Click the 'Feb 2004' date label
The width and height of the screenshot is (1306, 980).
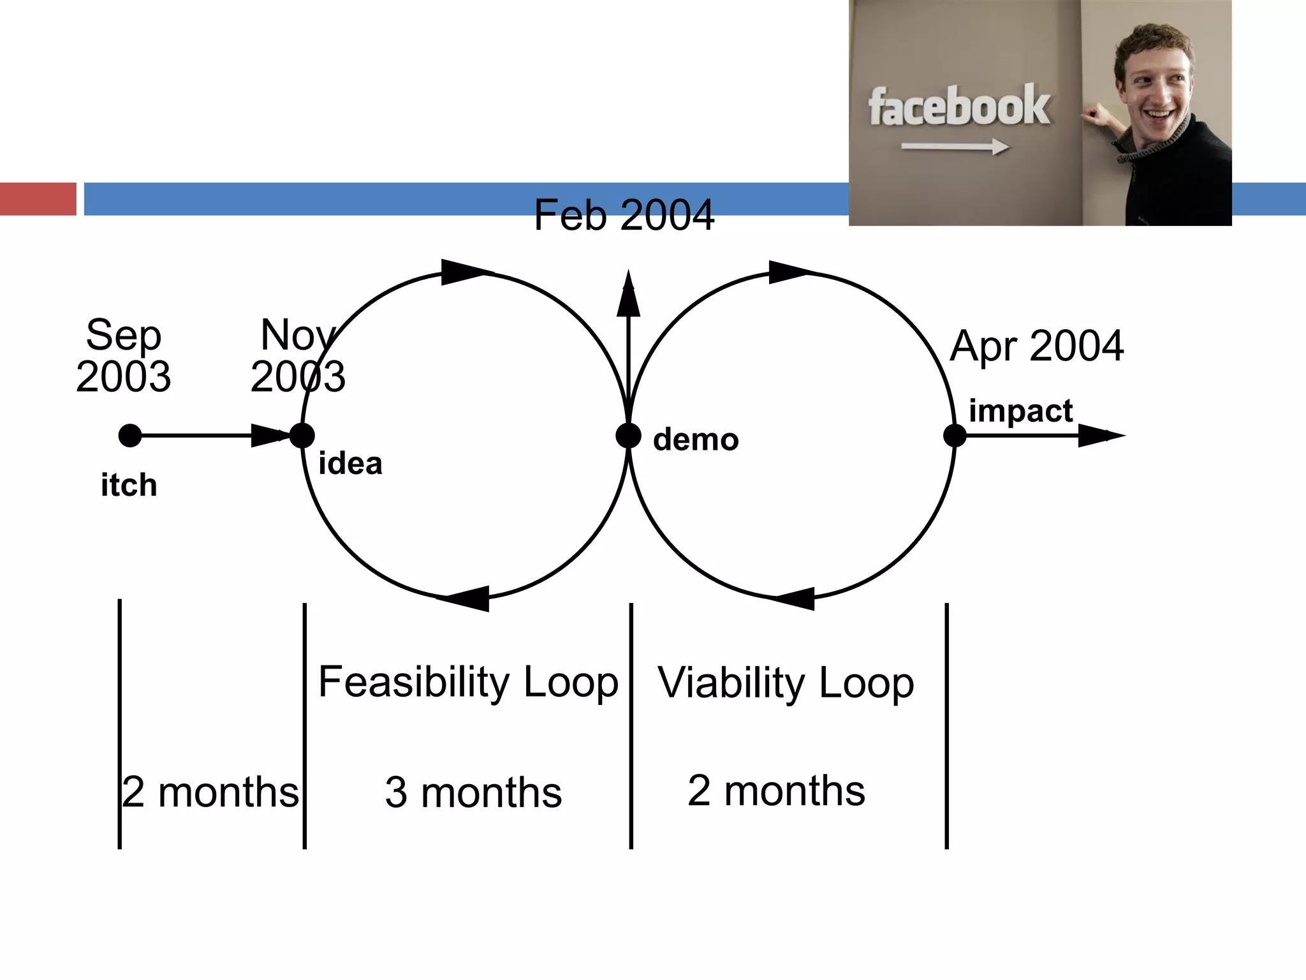[624, 215]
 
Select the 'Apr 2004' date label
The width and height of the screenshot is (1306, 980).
[1036, 346]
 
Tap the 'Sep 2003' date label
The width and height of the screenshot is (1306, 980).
[123, 355]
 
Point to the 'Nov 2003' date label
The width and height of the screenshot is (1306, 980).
[298, 355]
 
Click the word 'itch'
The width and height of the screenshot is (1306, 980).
[129, 485]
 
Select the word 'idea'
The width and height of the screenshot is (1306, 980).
[350, 463]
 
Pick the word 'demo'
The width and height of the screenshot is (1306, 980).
[696, 440]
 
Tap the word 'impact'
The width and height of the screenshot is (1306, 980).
[1020, 410]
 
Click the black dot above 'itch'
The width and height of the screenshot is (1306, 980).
[130, 436]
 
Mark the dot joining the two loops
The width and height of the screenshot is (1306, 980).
[628, 436]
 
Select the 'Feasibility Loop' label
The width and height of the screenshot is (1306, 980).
[468, 681]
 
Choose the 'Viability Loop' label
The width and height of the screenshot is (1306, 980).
[786, 683]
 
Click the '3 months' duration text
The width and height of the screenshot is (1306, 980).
[473, 792]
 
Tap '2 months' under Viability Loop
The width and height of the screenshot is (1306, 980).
[776, 791]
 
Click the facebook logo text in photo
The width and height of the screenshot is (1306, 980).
[958, 107]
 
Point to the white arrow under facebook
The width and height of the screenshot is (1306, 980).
[955, 147]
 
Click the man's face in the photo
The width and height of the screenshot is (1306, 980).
[1155, 86]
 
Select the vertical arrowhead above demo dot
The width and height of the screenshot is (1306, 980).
[628, 295]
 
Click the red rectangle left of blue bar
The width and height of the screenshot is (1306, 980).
[38, 199]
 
